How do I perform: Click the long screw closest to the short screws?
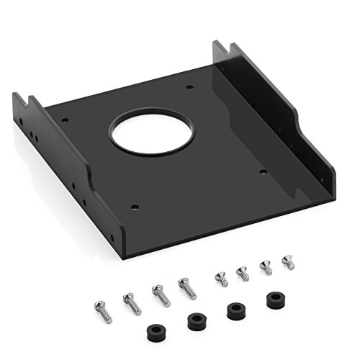click(185, 286)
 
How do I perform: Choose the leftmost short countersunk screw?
click(219, 279)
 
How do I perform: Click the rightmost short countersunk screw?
click(288, 263)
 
